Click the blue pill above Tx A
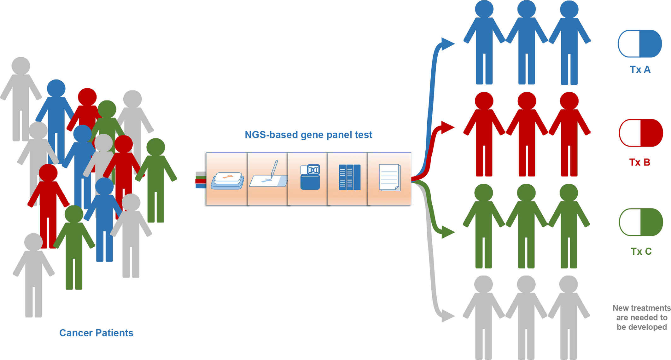pos(639,44)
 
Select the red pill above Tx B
pos(641,133)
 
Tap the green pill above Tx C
pos(641,222)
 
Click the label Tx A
pos(640,69)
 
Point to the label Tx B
pos(639,162)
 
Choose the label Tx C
pos(641,251)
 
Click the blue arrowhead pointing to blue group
pos(447,44)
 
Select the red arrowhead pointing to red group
pos(447,127)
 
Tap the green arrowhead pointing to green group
pos(447,232)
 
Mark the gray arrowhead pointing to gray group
pos(447,316)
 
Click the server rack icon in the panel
pos(349,177)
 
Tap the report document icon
pos(390,177)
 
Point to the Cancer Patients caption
pos(96,333)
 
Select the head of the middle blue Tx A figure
pos(526,9)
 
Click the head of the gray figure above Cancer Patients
pos(33,242)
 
